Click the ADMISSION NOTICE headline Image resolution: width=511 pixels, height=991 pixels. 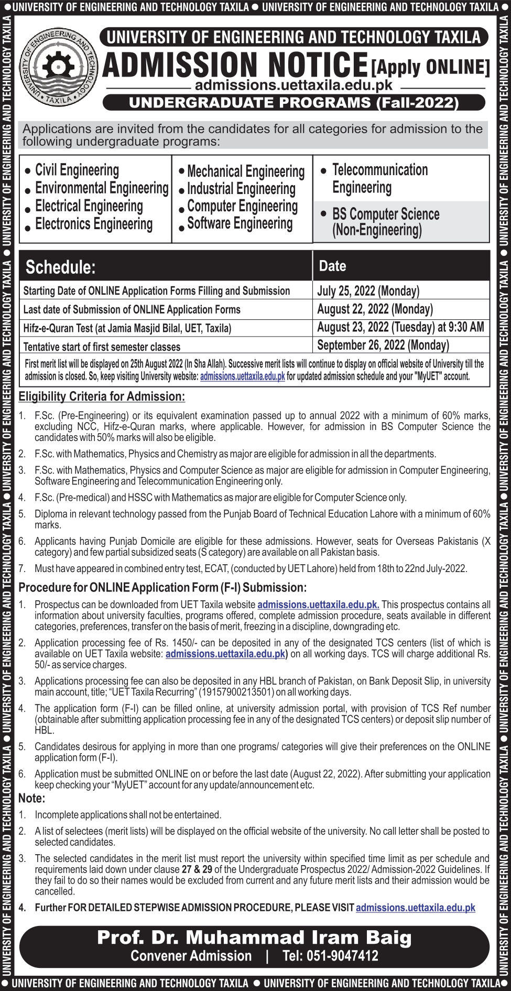point(235,67)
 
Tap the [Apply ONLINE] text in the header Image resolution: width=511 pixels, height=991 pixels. point(430,67)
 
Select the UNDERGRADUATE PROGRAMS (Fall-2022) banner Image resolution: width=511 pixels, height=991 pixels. point(293,102)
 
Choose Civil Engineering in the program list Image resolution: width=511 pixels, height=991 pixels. point(77,170)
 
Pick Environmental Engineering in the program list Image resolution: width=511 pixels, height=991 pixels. point(102,188)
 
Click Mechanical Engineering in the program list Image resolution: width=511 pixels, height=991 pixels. point(245,171)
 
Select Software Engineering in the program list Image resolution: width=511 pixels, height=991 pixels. point(240,223)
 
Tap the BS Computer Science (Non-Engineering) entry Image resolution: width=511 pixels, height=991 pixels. point(385,222)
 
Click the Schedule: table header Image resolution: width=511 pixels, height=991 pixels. point(61,267)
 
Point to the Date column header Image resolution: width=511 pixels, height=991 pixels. point(332,266)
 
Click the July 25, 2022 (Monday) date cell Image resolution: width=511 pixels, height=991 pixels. point(368,290)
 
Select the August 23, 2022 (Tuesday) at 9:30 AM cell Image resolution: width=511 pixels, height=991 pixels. point(400,327)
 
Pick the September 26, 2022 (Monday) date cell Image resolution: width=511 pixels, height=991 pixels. point(383,345)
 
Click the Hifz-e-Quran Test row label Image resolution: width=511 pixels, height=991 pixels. point(127,328)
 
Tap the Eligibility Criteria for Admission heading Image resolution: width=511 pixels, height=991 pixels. point(102,396)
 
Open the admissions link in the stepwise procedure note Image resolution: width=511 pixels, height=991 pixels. point(415,908)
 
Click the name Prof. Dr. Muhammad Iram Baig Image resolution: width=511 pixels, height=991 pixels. point(254,937)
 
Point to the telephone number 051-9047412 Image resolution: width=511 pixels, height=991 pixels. point(330,955)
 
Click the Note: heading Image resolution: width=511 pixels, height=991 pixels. point(32,798)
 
